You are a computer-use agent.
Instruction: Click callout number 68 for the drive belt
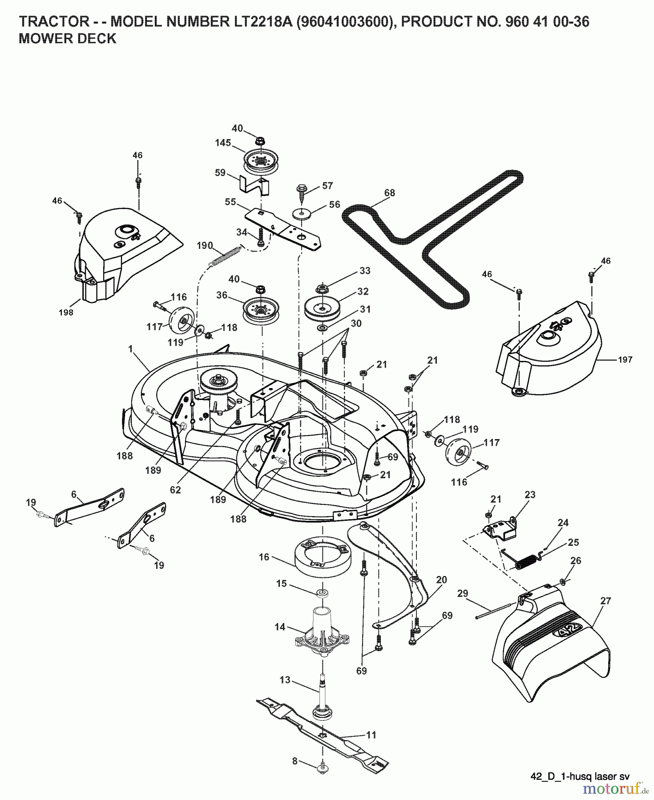pos(389,192)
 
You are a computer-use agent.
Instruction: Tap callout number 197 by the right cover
pos(625,360)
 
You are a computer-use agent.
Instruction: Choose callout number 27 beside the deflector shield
pos(606,600)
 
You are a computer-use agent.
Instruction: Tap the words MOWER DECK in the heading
pos(67,39)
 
